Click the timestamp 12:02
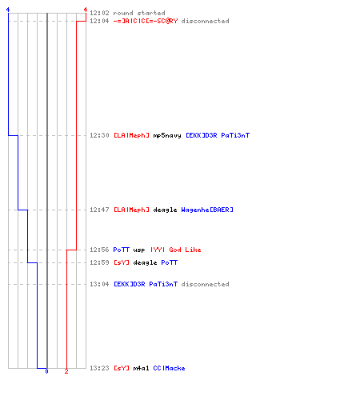point(99,13)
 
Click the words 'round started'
point(139,13)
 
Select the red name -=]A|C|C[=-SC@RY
point(146,21)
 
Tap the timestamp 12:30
point(99,135)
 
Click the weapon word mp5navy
point(167,135)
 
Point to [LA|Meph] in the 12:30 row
point(131,135)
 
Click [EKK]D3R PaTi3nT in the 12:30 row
point(218,135)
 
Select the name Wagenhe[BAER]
point(207,210)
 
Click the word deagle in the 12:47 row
point(165,210)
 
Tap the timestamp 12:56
point(99,250)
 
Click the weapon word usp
point(139,250)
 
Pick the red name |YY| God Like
point(176,250)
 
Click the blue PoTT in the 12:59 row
point(170,262)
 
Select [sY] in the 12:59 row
point(122,262)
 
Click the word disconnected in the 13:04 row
point(205,284)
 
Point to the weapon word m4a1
point(141,368)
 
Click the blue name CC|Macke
point(169,368)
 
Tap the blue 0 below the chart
point(46,371)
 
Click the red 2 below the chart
point(66,371)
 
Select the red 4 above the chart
point(86,10)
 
